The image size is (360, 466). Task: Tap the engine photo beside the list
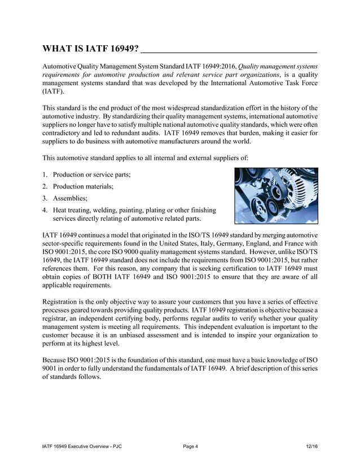click(x=276, y=196)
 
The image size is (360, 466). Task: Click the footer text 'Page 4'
click(x=191, y=447)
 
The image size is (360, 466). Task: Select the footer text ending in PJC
click(x=82, y=447)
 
